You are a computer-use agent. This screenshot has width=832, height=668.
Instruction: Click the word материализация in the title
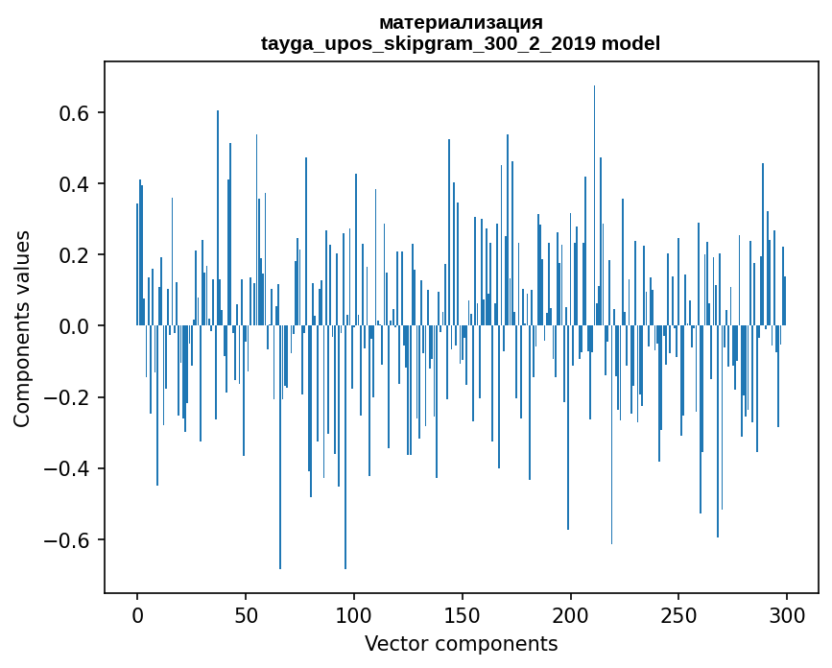pyautogui.click(x=461, y=22)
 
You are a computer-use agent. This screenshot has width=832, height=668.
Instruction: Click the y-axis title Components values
pyautogui.click(x=21, y=328)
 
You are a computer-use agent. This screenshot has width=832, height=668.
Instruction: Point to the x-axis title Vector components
pyautogui.click(x=461, y=643)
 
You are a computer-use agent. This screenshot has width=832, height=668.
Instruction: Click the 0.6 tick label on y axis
pyautogui.click(x=74, y=113)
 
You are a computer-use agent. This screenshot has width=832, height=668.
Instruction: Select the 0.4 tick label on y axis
pyautogui.click(x=74, y=184)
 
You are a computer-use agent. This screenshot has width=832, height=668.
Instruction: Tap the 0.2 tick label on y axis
pyautogui.click(x=74, y=255)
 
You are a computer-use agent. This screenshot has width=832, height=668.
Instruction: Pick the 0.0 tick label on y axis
pyautogui.click(x=74, y=326)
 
